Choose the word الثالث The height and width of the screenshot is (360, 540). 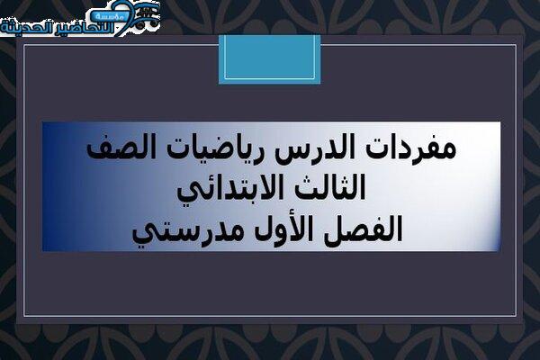(x=326, y=187)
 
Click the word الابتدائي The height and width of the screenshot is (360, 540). (x=228, y=191)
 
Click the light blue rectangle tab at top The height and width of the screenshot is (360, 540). (x=270, y=59)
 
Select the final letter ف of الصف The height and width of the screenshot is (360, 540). (x=98, y=151)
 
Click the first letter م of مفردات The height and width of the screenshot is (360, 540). (x=446, y=151)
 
